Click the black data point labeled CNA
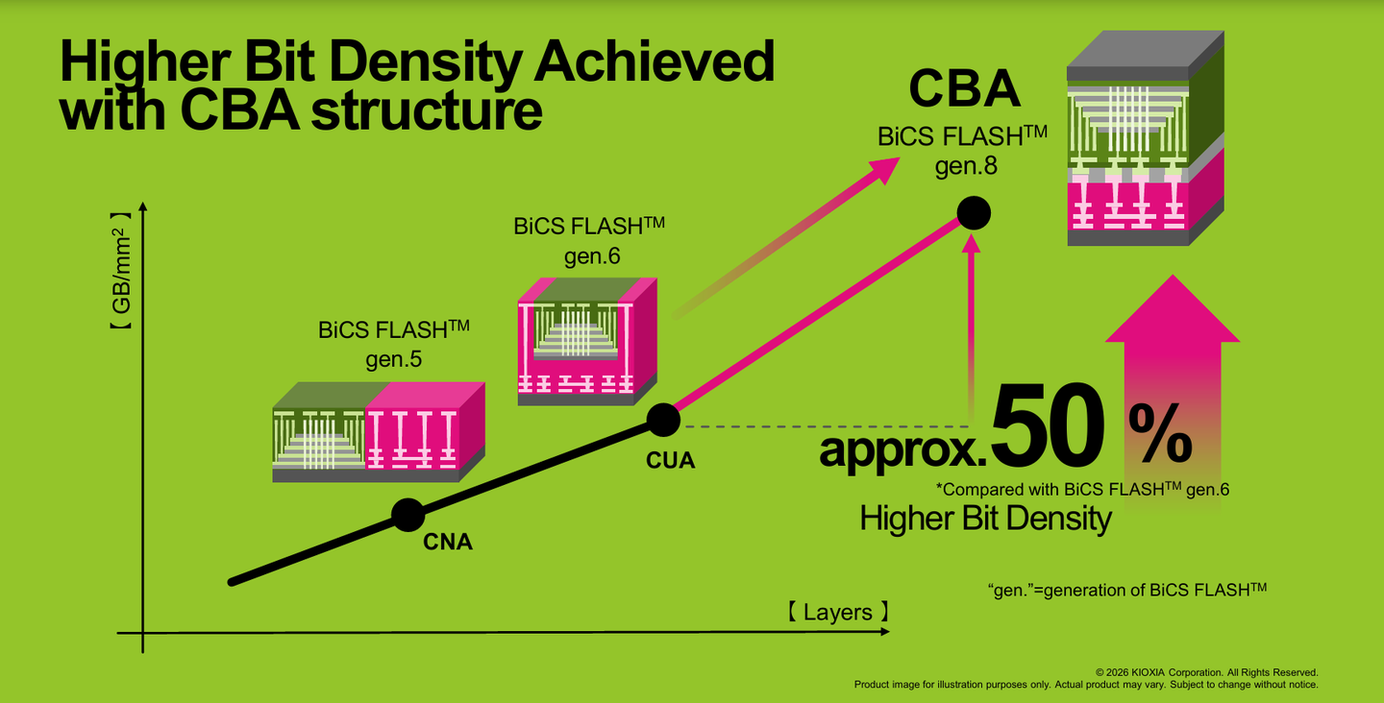coord(408,515)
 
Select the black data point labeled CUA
coord(663,420)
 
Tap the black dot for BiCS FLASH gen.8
coord(973,213)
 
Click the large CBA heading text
coord(964,88)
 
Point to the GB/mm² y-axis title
coord(121,270)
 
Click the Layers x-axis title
coord(838,612)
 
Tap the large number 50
coord(1048,425)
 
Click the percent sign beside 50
coord(1160,433)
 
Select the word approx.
coord(903,450)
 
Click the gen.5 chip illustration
coord(379,432)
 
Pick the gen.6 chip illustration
coord(587,341)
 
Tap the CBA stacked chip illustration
coord(1146,138)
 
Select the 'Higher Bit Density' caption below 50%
coord(985,518)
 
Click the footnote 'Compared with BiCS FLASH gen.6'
coord(1082,490)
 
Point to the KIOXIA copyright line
coord(1207,672)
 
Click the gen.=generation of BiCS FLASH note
coord(1127,590)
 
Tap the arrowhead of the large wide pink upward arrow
coord(1173,308)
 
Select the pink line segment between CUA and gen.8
coord(818,317)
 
